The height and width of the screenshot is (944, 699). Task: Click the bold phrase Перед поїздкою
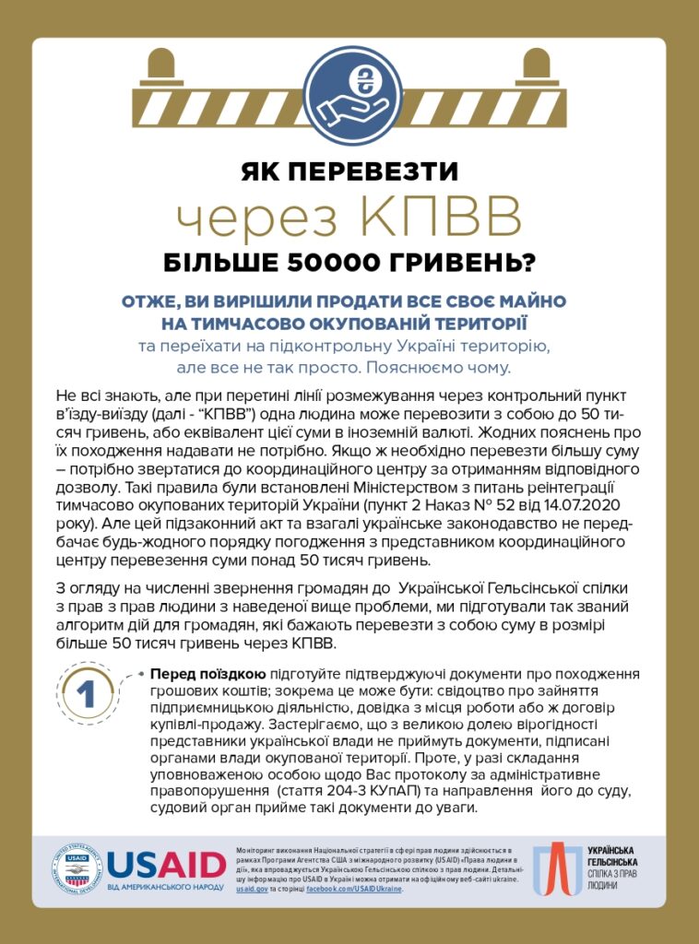coord(208,674)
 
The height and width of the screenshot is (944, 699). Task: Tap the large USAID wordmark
coord(166,865)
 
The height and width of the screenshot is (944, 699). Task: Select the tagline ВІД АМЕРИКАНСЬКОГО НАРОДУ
coord(166,887)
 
